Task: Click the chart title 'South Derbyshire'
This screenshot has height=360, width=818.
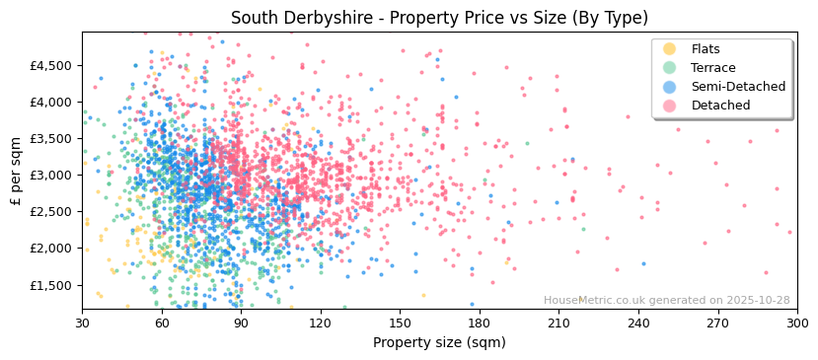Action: pyautogui.click(x=439, y=18)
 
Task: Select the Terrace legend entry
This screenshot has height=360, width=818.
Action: pyautogui.click(x=712, y=68)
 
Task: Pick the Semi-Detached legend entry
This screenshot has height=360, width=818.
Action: pyautogui.click(x=738, y=87)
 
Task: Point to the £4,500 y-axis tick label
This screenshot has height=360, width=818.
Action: pyautogui.click(x=51, y=65)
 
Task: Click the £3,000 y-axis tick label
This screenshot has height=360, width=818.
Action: pyautogui.click(x=51, y=176)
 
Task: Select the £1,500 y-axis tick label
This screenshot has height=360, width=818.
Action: pyautogui.click(x=51, y=285)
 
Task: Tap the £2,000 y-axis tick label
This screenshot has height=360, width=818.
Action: pyautogui.click(x=51, y=249)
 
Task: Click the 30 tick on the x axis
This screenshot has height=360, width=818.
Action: pyautogui.click(x=82, y=323)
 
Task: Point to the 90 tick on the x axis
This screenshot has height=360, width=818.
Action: pyautogui.click(x=241, y=323)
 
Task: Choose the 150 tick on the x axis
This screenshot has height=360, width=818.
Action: pyautogui.click(x=400, y=323)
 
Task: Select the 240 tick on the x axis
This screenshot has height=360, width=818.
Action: pyautogui.click(x=638, y=323)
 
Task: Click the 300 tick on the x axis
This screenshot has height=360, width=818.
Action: pyautogui.click(x=796, y=323)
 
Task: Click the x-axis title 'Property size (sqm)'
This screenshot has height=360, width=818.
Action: pyautogui.click(x=439, y=343)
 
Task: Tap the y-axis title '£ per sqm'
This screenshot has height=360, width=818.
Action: pyautogui.click(x=16, y=171)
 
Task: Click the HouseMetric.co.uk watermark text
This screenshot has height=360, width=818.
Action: pyautogui.click(x=666, y=300)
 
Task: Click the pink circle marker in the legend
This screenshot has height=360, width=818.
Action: pyautogui.click(x=670, y=106)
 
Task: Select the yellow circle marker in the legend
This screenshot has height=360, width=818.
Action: pyautogui.click(x=670, y=49)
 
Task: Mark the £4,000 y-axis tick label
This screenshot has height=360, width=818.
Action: pyautogui.click(x=51, y=102)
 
